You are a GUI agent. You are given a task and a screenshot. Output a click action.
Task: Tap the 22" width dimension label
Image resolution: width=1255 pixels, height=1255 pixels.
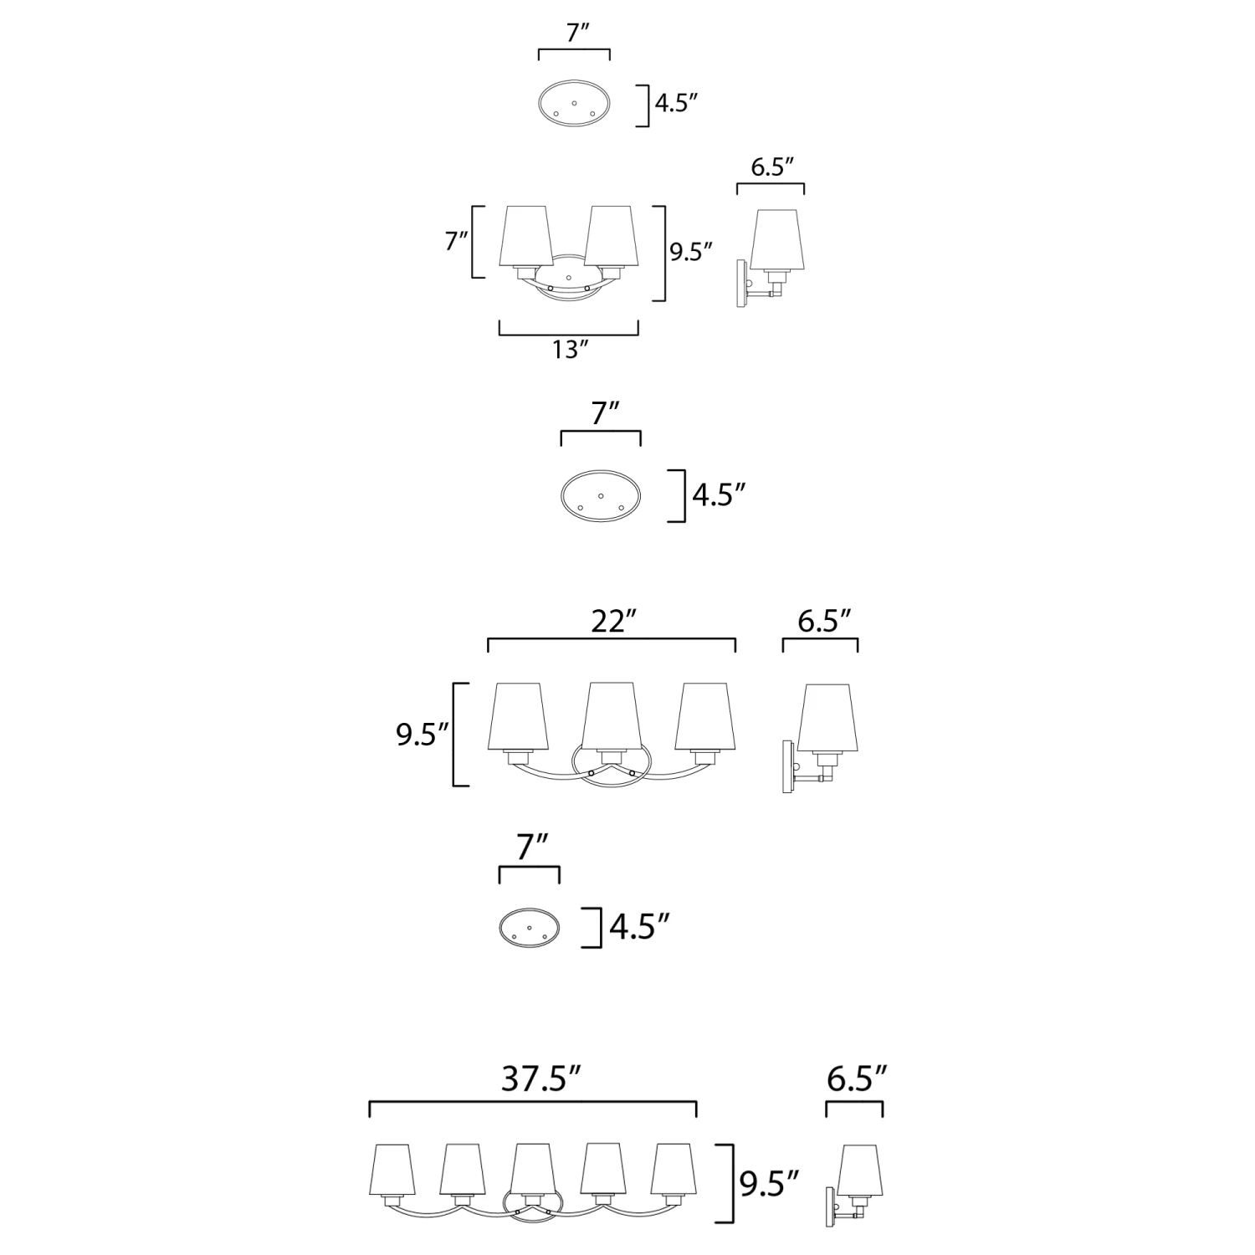coord(614,622)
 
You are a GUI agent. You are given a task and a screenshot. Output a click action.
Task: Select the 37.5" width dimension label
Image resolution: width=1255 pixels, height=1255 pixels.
coord(540,1079)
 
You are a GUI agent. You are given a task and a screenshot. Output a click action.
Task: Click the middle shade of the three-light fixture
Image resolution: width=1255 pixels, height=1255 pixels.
coord(612,716)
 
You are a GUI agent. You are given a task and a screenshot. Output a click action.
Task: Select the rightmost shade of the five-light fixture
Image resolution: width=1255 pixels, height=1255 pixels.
coord(674,1170)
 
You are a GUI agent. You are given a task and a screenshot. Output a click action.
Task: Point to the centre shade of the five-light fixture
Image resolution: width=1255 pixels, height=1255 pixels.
coord(534,1170)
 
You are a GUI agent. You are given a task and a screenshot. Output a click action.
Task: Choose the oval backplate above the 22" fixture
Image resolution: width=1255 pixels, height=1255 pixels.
coord(601,496)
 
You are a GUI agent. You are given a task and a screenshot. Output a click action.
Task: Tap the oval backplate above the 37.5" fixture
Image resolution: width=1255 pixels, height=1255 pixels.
coord(530,928)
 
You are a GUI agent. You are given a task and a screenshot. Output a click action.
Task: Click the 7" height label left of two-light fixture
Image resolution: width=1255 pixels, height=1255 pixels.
coord(457,241)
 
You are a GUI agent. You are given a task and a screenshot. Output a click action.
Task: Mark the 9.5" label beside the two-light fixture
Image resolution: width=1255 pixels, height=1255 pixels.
coord(691,252)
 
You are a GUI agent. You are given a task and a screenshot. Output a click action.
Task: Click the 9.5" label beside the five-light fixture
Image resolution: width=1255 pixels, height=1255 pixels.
coord(769,1184)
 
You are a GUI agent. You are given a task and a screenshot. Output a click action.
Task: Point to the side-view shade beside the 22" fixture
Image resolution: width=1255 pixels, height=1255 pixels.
coord(827,718)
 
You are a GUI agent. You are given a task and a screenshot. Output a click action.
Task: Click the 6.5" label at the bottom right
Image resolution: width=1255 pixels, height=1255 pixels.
coord(856,1079)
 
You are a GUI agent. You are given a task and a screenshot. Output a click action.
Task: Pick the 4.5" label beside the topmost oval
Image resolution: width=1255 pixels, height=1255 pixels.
coord(676,104)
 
